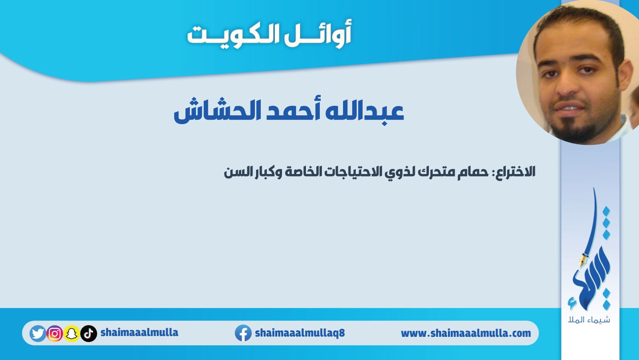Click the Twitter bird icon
coord(37,333)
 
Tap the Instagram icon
coord(55,333)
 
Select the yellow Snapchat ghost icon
coord(71,333)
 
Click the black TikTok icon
coord(89,333)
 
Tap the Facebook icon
coord(243,333)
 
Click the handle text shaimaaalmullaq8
coord(300,332)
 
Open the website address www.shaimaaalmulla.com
coord(466,333)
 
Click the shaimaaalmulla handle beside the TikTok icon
coord(139,332)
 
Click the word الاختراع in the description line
coord(514,171)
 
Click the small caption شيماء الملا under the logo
coord(589,319)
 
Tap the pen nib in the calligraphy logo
coord(582,261)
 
